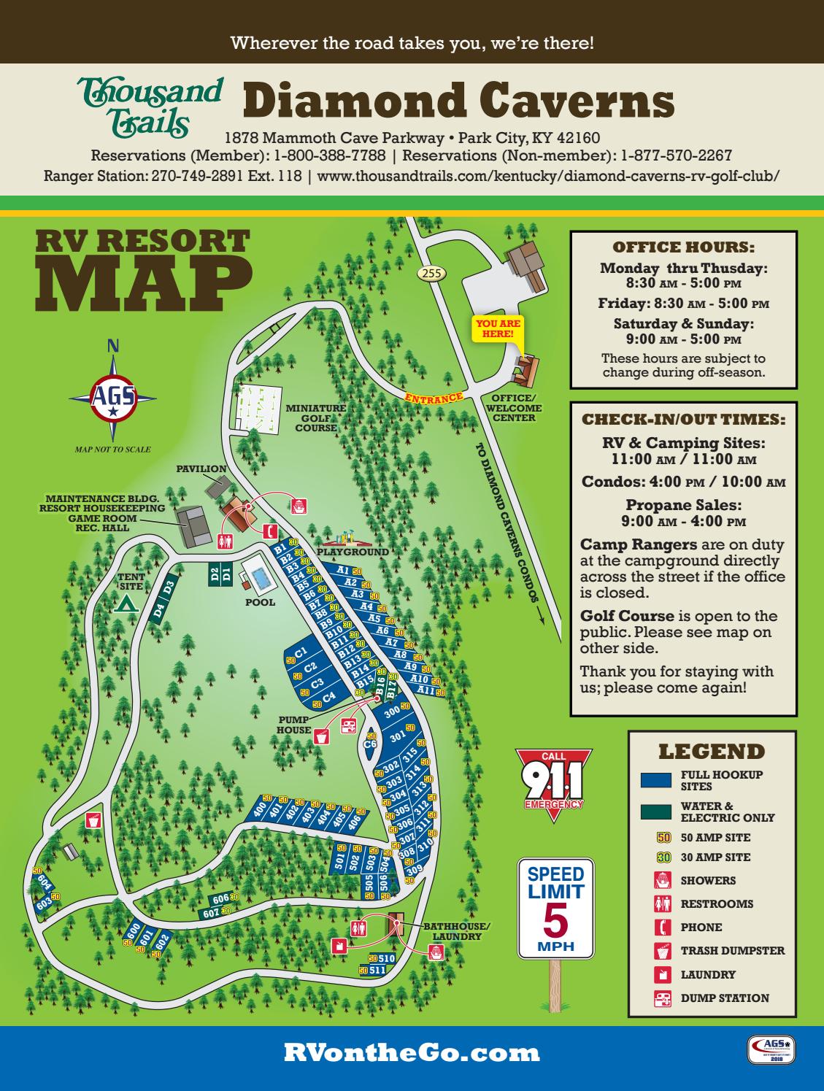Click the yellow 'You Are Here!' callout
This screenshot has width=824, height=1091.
click(x=499, y=328)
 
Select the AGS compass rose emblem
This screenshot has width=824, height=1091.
click(x=112, y=398)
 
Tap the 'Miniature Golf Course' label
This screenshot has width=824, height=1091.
click(x=315, y=417)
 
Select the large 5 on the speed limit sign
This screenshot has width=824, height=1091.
click(x=555, y=920)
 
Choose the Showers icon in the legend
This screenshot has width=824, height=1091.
click(x=661, y=881)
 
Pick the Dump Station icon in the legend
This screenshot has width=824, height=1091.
click(x=661, y=998)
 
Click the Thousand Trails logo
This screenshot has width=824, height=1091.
click(x=150, y=107)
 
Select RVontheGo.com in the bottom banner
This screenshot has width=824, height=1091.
click(x=412, y=1052)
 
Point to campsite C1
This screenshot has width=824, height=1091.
click(x=301, y=652)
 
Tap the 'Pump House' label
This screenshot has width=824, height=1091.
click(x=294, y=725)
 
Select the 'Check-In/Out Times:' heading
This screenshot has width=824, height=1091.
click(x=683, y=420)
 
